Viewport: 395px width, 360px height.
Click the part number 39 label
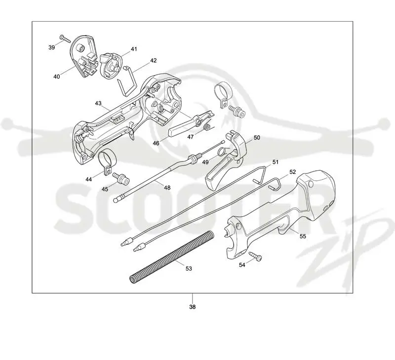pyautogui.click(x=52, y=47)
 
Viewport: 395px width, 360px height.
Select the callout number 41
pyautogui.click(x=134, y=49)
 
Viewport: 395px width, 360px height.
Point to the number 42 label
pyautogui.click(x=154, y=60)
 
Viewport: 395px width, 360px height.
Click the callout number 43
pyautogui.click(x=98, y=103)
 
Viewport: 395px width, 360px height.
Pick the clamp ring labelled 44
pyautogui.click(x=106, y=163)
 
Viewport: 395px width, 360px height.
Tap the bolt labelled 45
pyautogui.click(x=120, y=178)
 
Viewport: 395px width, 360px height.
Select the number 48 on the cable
pyautogui.click(x=167, y=188)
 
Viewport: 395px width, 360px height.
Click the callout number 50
pyautogui.click(x=257, y=138)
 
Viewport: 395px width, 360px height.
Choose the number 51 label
pyautogui.click(x=276, y=162)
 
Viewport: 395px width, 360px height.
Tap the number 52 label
pyautogui.click(x=292, y=172)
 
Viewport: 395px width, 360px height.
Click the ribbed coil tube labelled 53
pyautogui.click(x=172, y=256)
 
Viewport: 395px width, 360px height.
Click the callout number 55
pyautogui.click(x=303, y=236)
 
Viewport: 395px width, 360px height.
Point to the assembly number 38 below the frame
pyautogui.click(x=193, y=307)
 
